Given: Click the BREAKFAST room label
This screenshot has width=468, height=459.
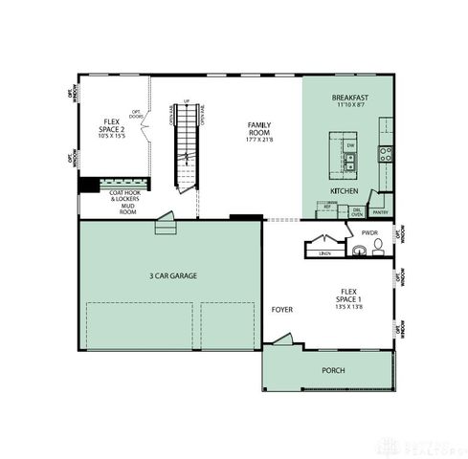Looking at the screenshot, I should tap(350, 98).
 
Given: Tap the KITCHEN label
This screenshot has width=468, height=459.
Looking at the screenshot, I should tap(344, 190).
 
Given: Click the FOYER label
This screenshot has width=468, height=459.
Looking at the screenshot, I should tap(281, 310).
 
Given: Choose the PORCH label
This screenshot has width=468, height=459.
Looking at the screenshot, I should tap(333, 370).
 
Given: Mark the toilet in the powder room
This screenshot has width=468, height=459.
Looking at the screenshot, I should tap(379, 246).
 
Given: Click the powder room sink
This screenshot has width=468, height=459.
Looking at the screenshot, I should tap(358, 251).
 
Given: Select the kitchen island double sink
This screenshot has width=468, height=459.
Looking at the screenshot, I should tap(351, 166).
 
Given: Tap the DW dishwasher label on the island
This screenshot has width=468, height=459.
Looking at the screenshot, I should tap(351, 145).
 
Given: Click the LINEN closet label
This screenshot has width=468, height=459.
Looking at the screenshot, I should tap(324, 253).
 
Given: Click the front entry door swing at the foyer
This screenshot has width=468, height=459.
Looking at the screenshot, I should tap(281, 339).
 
